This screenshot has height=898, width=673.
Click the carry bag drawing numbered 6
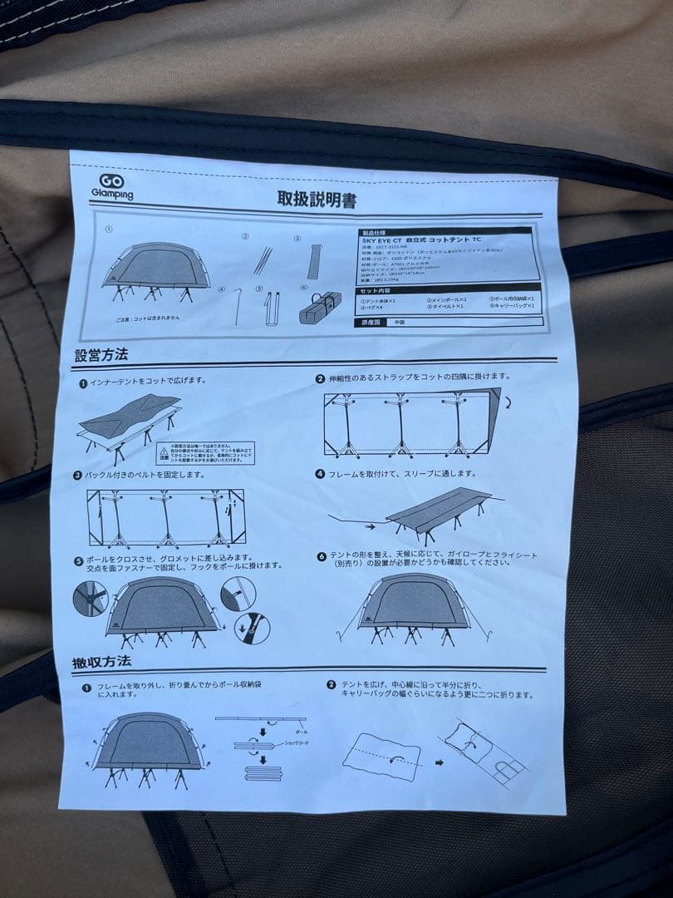pos(320,310)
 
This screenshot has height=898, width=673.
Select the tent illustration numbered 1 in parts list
pos(155,273)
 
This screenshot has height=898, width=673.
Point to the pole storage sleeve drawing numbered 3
pos(313,261)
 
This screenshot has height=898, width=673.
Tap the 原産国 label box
pos(372,321)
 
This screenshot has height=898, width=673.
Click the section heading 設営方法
pos(101,356)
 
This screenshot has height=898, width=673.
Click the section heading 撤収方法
pos(101,664)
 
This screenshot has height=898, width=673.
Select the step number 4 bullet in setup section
pos(320,474)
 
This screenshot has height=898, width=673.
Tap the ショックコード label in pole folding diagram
pos(296,741)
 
